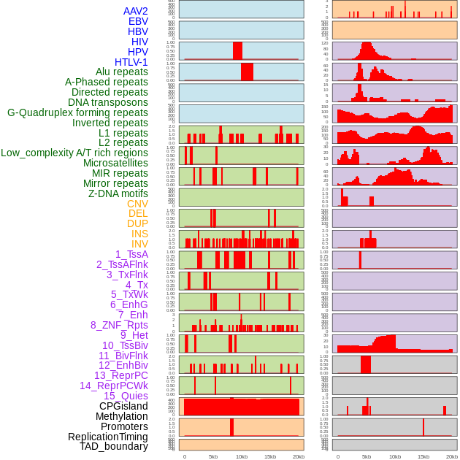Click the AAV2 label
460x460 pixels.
click(x=136, y=11)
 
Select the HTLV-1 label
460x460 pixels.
click(x=131, y=62)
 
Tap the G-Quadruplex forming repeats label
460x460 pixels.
click(x=77, y=112)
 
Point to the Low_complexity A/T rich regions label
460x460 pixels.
click(x=74, y=153)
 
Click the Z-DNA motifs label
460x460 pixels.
click(x=118, y=193)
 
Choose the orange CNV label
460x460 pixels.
click(x=137, y=204)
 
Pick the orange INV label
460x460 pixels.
click(x=139, y=244)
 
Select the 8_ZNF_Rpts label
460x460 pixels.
click(x=119, y=325)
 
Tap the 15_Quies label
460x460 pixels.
click(x=126, y=396)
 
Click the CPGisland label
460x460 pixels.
click(x=123, y=406)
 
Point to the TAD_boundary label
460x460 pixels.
click(x=114, y=446)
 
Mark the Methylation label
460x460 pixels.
click(x=121, y=416)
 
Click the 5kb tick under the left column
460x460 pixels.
click(x=213, y=456)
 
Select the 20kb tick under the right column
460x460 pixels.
click(x=452, y=456)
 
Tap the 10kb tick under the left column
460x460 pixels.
click(x=242, y=456)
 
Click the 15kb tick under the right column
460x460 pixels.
click(x=423, y=456)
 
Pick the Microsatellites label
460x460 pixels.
click(x=115, y=163)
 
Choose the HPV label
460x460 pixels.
click(x=138, y=52)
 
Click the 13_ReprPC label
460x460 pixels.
click(x=120, y=375)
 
